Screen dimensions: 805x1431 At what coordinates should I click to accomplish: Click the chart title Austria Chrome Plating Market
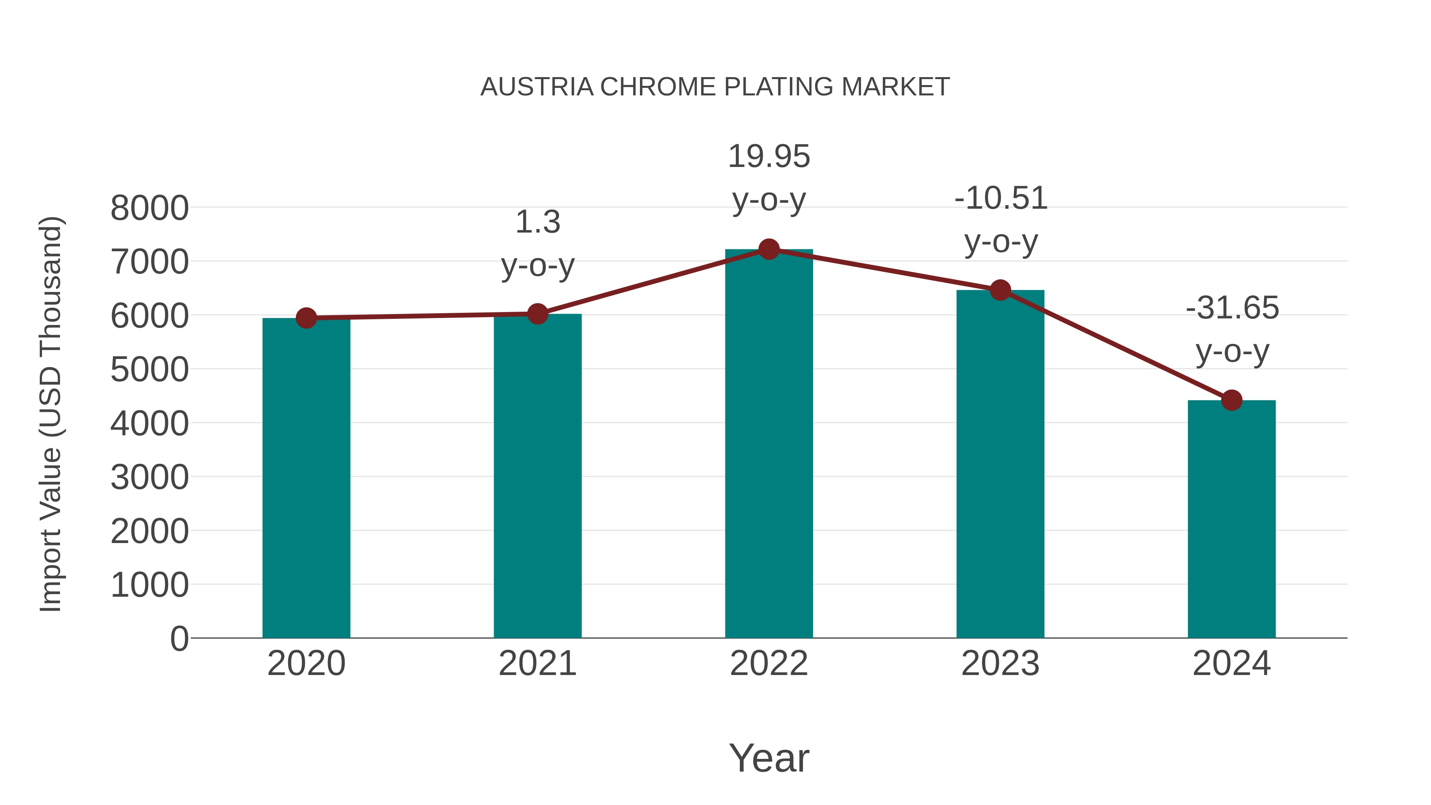pos(715,87)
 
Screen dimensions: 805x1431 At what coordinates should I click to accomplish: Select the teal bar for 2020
pos(306,478)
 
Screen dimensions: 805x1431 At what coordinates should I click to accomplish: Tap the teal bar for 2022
pos(769,444)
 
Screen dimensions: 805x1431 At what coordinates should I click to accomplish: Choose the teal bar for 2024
pos(1231,520)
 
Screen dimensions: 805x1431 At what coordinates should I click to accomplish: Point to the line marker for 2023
pos(1001,290)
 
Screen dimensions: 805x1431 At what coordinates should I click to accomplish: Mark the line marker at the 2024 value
pos(1231,400)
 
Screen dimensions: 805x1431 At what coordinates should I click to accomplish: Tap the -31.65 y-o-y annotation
pos(1232,330)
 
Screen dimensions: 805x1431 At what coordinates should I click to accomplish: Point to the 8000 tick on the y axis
pos(149,208)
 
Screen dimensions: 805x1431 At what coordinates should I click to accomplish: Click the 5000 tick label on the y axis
pos(149,369)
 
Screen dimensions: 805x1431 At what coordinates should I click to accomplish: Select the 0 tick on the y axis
pos(179,638)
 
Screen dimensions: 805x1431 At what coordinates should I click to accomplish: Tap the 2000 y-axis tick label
pos(149,531)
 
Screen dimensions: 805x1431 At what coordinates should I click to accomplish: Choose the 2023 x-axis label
pos(1001,663)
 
